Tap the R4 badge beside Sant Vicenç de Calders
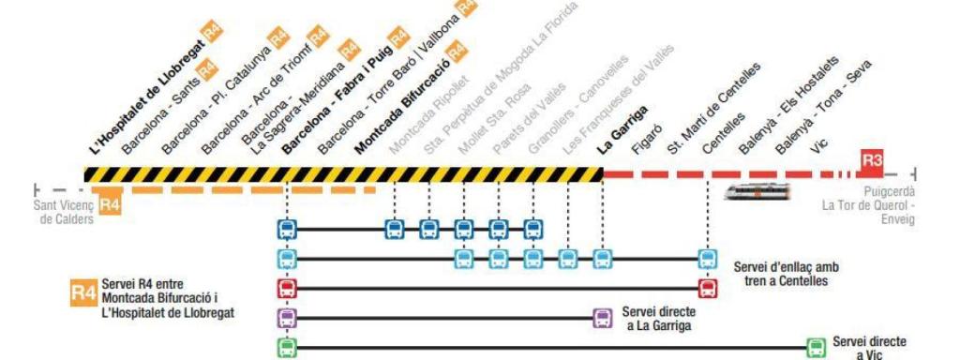[110, 203]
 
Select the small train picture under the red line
[757, 190]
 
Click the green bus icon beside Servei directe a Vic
[816, 346]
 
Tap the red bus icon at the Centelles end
[707, 289]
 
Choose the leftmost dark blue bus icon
[287, 228]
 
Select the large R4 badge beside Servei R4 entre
[82, 293]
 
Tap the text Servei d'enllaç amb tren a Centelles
[787, 273]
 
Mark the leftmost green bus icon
[287, 347]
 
